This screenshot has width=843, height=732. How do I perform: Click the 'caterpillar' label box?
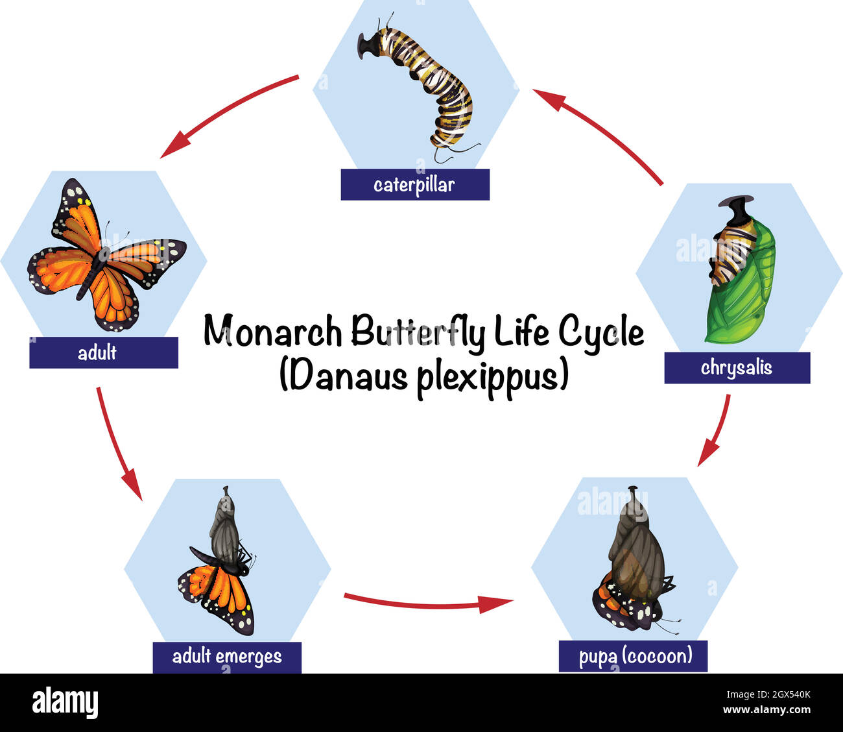(415, 185)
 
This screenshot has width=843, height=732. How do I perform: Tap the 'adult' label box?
(104, 353)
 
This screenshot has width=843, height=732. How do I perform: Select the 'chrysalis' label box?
(737, 368)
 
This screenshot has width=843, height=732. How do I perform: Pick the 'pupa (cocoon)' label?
(634, 656)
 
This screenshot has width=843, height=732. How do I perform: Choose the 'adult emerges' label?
(227, 657)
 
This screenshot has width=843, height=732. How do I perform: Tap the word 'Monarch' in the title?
(273, 332)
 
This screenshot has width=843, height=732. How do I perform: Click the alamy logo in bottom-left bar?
(65, 703)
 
